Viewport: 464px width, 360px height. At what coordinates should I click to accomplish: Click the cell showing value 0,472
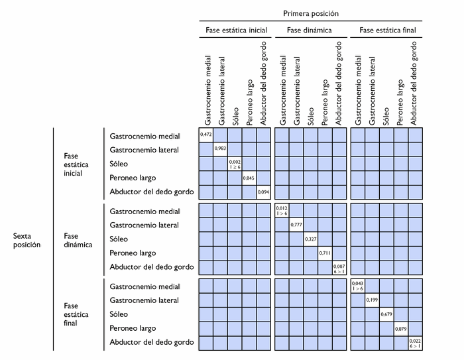click(205, 135)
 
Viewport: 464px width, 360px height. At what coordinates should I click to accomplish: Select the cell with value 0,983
click(220, 150)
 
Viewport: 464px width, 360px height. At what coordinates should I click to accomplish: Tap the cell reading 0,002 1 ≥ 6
click(235, 164)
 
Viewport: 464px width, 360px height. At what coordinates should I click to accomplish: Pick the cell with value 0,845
click(249, 179)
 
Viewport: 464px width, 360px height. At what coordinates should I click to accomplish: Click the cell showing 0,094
click(264, 193)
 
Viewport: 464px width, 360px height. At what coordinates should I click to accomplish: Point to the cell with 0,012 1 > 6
click(282, 211)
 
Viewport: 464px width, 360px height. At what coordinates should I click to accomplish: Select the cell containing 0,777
click(296, 225)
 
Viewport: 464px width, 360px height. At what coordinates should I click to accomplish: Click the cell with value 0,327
click(311, 239)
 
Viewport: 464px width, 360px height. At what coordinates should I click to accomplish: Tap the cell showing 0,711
click(325, 253)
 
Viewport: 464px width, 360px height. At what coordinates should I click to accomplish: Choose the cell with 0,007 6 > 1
click(339, 268)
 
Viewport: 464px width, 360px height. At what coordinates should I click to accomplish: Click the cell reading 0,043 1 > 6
click(358, 286)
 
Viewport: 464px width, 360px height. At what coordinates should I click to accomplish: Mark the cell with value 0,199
click(372, 300)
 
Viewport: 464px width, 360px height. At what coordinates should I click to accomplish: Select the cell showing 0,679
click(386, 314)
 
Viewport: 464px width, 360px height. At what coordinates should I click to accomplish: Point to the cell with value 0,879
click(401, 329)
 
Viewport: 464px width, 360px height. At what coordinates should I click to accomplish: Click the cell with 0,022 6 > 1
click(416, 343)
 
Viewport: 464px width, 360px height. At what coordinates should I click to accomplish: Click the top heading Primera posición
click(311, 13)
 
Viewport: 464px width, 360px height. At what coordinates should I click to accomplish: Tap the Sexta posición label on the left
click(27, 239)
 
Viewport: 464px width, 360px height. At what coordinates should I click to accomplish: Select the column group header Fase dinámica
click(310, 30)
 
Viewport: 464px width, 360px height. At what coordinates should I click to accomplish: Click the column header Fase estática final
click(387, 30)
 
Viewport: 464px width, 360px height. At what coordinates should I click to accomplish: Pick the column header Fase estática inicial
click(236, 30)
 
